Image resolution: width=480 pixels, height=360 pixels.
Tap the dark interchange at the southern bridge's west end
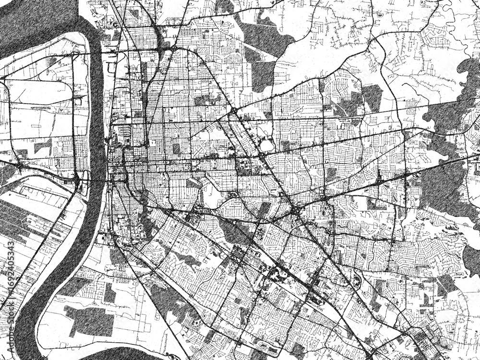[77, 179]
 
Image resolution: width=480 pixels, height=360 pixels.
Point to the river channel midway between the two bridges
[98, 115]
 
